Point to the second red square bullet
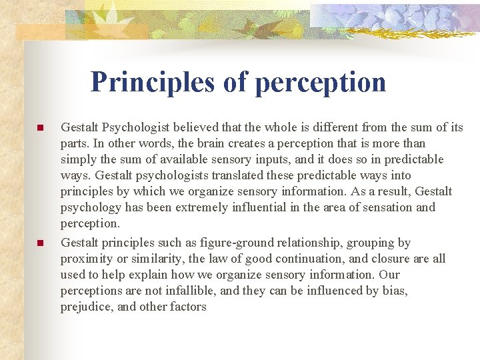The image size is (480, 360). (x=40, y=243)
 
